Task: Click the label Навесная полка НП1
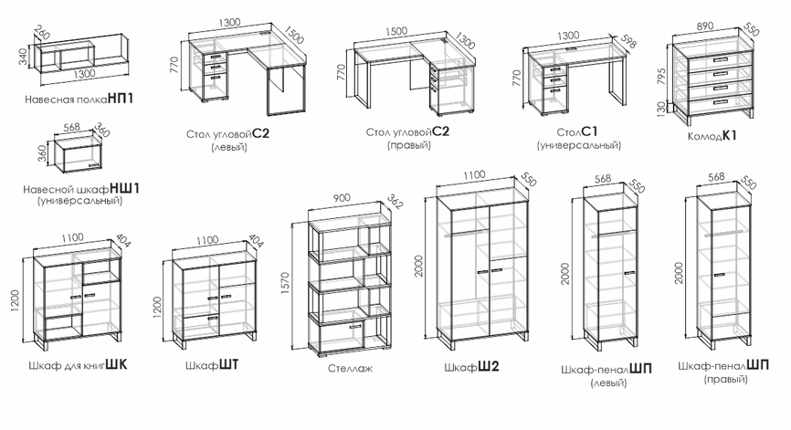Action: click(79, 99)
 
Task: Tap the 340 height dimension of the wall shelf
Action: click(23, 56)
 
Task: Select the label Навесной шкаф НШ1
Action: click(81, 189)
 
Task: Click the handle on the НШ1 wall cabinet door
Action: click(93, 165)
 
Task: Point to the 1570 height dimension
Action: click(286, 284)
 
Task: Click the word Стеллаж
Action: click(350, 369)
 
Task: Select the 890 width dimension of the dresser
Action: click(704, 26)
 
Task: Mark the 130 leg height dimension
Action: click(661, 109)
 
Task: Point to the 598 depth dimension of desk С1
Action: click(628, 41)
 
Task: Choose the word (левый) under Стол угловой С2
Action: click(228, 147)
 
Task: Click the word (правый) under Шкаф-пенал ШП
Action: click(725, 379)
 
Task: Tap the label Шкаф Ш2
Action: click(471, 366)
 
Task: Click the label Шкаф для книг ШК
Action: click(79, 365)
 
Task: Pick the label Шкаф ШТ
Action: click(212, 365)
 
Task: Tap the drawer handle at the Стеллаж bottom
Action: click(355, 327)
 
